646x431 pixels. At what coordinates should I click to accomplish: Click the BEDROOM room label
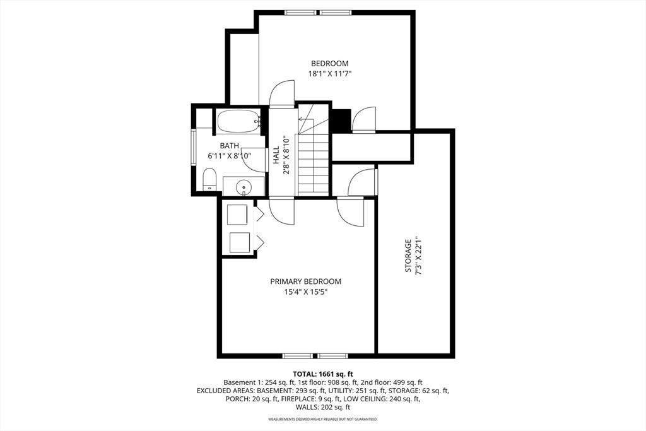click(329, 64)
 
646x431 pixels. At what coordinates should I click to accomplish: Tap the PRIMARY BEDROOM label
click(306, 282)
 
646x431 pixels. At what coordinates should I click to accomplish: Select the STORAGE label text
click(408, 256)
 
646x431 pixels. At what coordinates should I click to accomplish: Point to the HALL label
click(276, 155)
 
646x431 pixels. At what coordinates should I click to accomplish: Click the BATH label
click(230, 146)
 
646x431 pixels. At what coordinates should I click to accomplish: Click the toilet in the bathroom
click(209, 180)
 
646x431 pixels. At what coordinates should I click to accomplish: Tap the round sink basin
click(244, 187)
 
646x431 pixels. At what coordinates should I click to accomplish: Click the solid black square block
click(341, 121)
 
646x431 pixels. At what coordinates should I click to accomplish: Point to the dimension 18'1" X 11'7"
click(329, 74)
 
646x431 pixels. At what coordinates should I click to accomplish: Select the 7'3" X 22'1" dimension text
click(419, 256)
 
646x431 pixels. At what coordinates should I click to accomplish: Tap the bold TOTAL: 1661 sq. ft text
click(323, 374)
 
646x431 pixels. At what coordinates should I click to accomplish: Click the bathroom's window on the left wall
click(194, 148)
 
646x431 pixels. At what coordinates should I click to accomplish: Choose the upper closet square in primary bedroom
click(237, 215)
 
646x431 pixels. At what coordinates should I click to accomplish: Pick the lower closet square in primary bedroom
click(239, 243)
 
